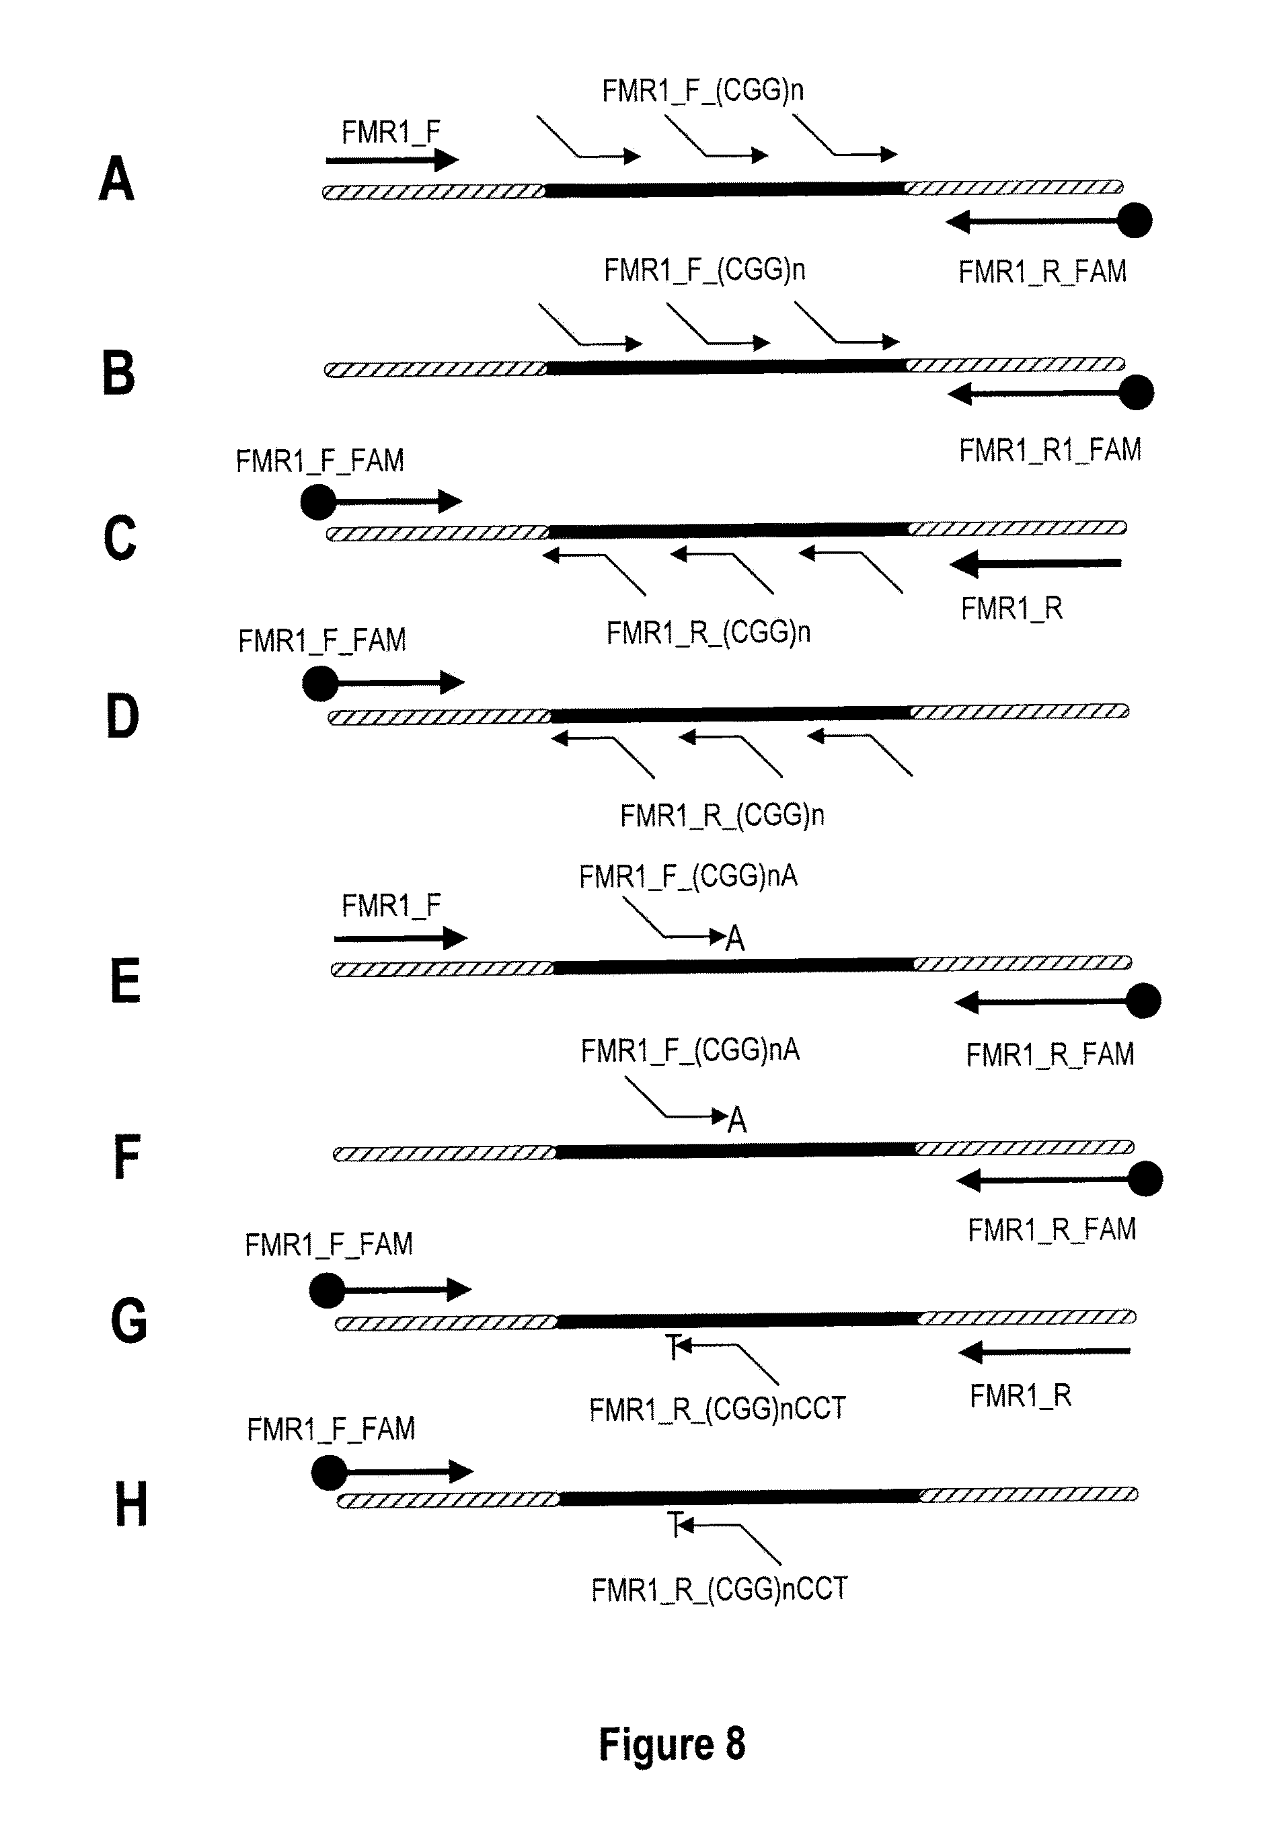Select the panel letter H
(x=131, y=1505)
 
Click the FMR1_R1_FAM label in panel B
(x=1050, y=451)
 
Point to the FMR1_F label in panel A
(x=390, y=132)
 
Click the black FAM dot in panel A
(x=1135, y=221)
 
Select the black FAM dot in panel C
(x=318, y=502)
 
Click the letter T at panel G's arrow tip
(x=673, y=1347)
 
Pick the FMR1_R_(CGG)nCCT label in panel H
(x=719, y=1589)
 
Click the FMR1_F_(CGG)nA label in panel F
(x=690, y=1050)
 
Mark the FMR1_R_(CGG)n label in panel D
(x=722, y=815)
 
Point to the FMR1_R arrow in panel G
(x=1045, y=1352)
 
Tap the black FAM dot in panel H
(x=329, y=1473)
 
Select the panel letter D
(x=122, y=716)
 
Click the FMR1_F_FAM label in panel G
(x=329, y=1245)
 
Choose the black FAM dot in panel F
(x=1145, y=1180)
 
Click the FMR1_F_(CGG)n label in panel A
(x=702, y=91)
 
